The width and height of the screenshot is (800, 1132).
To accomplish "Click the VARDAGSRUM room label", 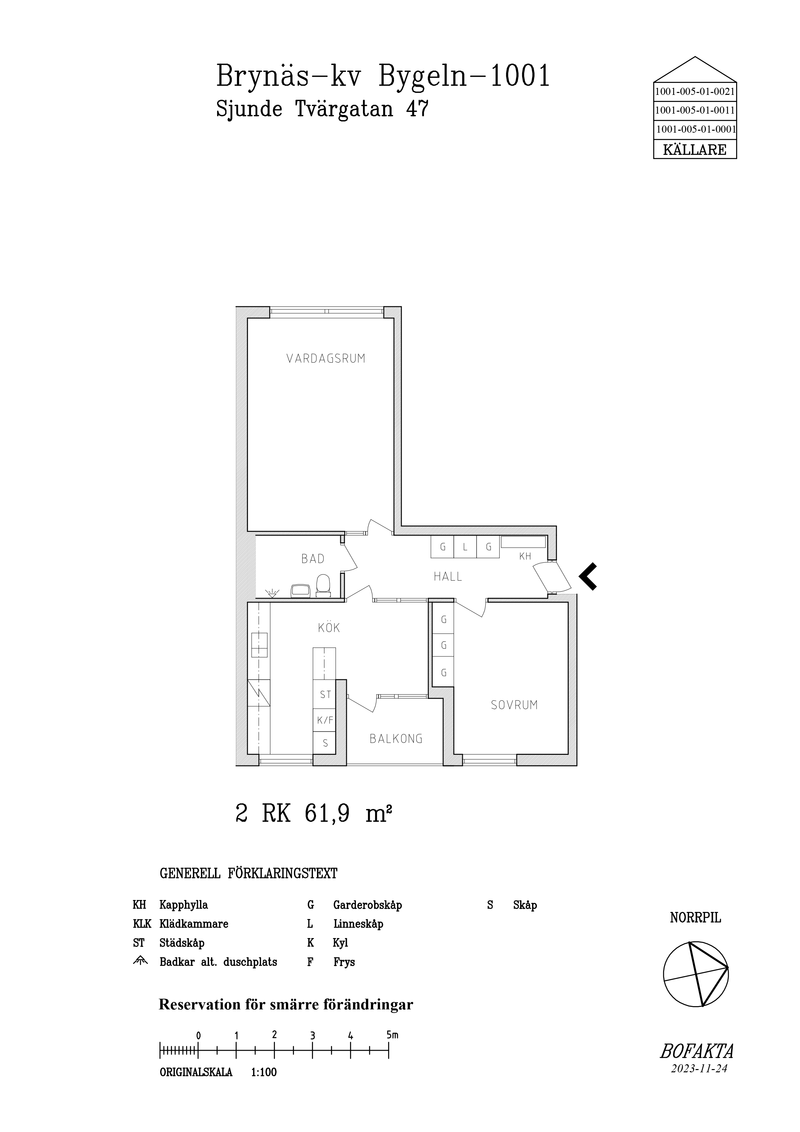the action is tap(326, 359).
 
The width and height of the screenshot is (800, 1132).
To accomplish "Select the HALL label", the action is tap(448, 576).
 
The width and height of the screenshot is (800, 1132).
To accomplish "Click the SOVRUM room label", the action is tap(514, 705).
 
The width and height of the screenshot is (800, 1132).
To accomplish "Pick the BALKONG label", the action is tap(396, 739).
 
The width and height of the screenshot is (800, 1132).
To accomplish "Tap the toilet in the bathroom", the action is tap(323, 585).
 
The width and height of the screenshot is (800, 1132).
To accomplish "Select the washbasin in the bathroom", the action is tap(300, 590).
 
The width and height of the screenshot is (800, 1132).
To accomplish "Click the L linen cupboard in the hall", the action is tap(465, 547).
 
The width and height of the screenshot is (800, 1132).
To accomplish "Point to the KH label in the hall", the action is tap(525, 556).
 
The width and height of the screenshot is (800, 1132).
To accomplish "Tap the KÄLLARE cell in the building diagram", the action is tap(694, 149).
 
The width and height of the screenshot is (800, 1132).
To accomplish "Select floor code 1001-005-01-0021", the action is tap(694, 91).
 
